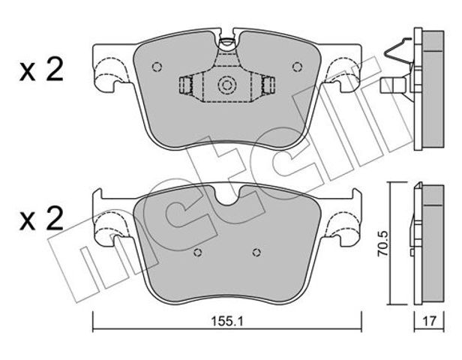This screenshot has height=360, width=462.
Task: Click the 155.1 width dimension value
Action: (226, 321)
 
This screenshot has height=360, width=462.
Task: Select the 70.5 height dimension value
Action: (383, 244)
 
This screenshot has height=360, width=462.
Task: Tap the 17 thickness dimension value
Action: (429, 321)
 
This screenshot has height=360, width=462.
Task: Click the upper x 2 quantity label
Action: (41, 69)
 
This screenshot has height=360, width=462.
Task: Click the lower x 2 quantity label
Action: (41, 218)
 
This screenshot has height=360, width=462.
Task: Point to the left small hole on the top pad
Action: (157, 67)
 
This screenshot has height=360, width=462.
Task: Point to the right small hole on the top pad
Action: (297, 67)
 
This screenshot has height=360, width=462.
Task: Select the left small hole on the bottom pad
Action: (198, 252)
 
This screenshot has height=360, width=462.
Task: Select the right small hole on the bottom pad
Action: (256, 252)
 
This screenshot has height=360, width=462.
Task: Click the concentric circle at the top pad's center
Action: (226, 85)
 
